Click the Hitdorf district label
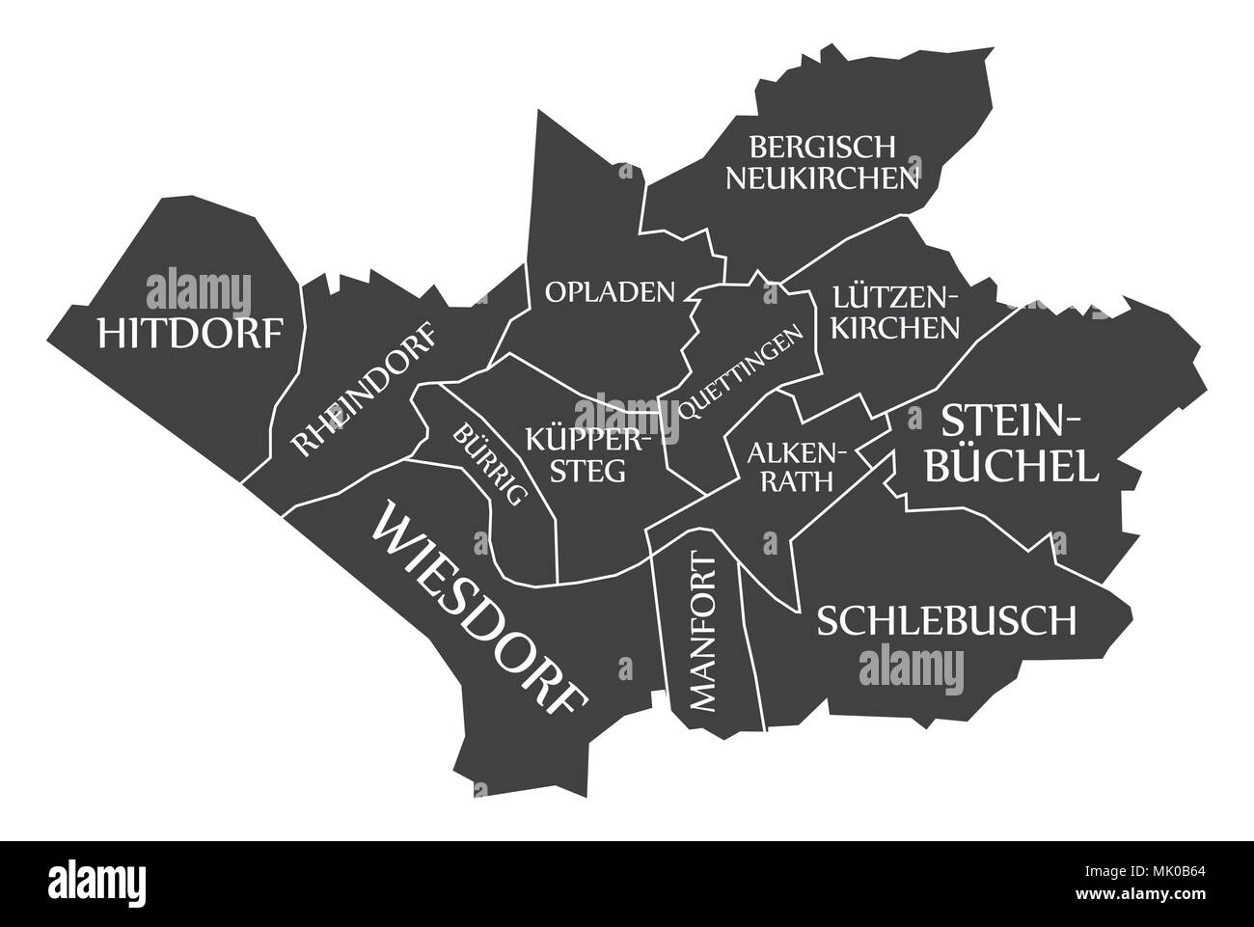(x=191, y=333)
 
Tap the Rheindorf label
(x=364, y=391)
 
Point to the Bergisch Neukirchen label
(x=822, y=162)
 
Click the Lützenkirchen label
(x=897, y=312)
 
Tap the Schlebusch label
(x=946, y=620)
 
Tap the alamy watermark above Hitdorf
(x=199, y=290)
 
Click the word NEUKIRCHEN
(x=822, y=178)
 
